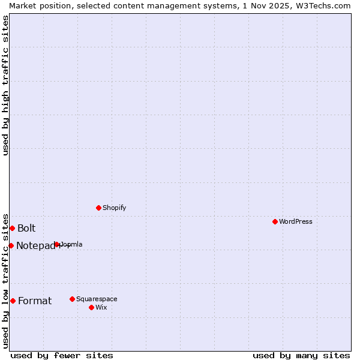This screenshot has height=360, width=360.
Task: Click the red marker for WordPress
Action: click(x=275, y=221)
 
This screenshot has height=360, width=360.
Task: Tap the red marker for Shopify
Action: click(x=98, y=208)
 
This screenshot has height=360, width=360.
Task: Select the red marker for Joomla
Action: click(x=57, y=244)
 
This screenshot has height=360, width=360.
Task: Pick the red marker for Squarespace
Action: click(x=72, y=299)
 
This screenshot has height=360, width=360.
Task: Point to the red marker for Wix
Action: click(x=91, y=307)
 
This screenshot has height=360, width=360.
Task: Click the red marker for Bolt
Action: click(x=12, y=228)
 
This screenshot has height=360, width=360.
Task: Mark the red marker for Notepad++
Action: click(x=11, y=245)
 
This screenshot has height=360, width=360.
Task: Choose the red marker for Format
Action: click(x=13, y=301)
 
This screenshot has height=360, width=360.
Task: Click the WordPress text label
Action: click(x=296, y=221)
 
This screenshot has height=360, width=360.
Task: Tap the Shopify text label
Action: click(x=114, y=208)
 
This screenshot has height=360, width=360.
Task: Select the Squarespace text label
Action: click(x=97, y=299)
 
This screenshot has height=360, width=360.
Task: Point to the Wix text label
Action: click(x=101, y=307)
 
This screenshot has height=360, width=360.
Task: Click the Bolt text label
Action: click(x=26, y=228)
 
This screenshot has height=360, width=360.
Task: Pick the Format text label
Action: click(x=35, y=301)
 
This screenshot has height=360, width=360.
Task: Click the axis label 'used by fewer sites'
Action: click(x=62, y=355)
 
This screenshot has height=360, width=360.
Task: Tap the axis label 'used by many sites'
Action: click(x=301, y=355)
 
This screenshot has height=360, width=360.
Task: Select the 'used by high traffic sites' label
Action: click(x=5, y=85)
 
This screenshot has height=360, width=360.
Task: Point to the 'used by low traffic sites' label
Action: click(x=5, y=280)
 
